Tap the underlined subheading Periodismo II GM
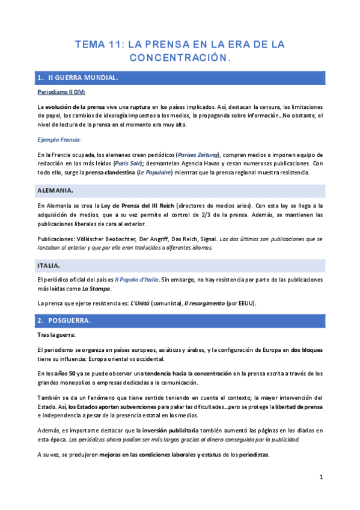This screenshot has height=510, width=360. (x=61, y=92)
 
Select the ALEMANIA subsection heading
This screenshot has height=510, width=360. (x=55, y=191)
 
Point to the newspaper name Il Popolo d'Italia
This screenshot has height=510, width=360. (x=137, y=280)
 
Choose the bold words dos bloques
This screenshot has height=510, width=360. (x=307, y=349)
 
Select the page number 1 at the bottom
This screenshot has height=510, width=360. (x=322, y=478)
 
